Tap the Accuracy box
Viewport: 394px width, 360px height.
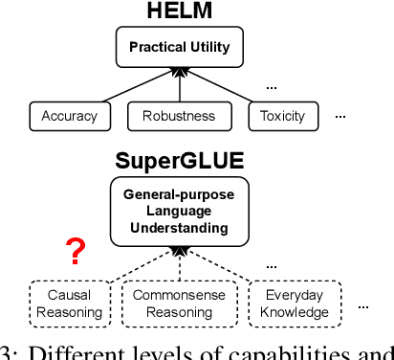click(70, 116)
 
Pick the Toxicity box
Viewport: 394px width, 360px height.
click(282, 116)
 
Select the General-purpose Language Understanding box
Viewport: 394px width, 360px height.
click(179, 211)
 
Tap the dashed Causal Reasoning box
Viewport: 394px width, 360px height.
click(69, 304)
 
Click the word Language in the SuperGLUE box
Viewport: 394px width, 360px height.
click(179, 211)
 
